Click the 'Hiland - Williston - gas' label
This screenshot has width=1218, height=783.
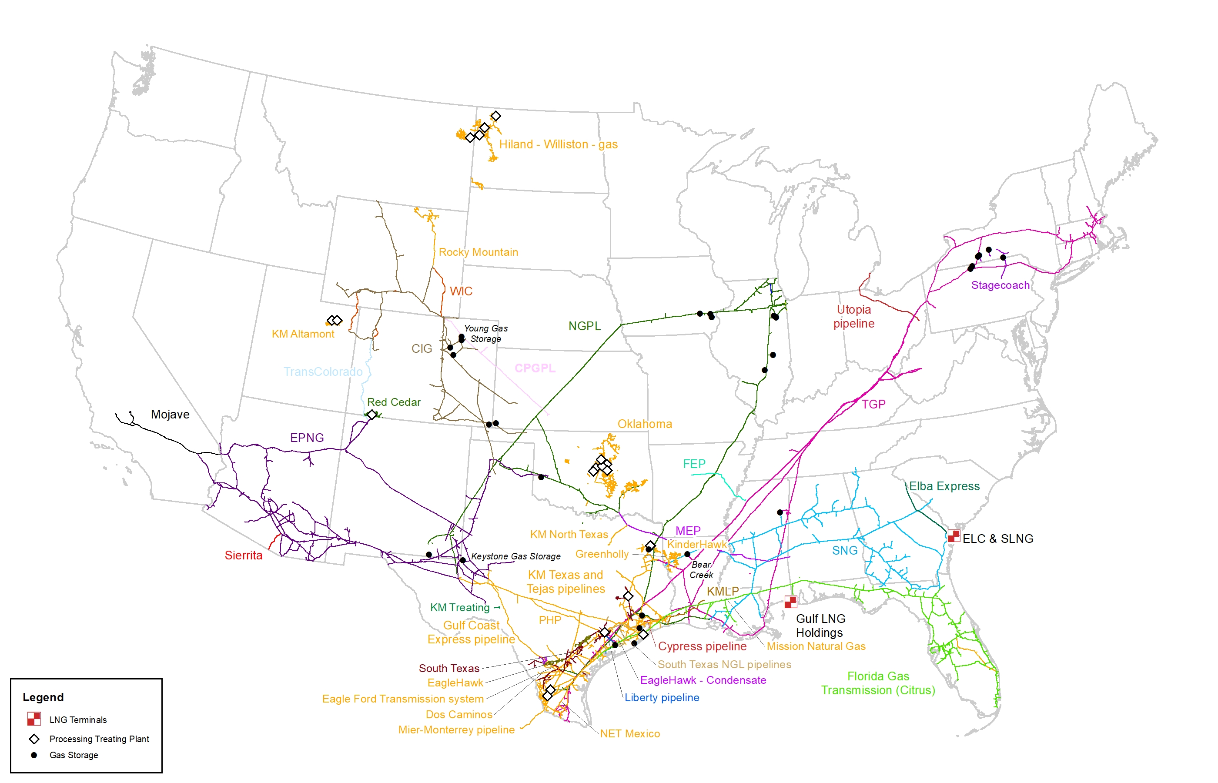tap(558, 144)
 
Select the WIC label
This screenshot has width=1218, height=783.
tap(461, 291)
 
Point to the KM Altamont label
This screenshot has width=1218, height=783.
tap(303, 334)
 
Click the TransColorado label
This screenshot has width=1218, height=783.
tap(323, 371)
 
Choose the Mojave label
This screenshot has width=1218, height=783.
tap(170, 415)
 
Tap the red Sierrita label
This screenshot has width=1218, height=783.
tap(244, 555)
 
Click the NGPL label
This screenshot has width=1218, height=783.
tap(585, 326)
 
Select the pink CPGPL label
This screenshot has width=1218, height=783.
tap(535, 368)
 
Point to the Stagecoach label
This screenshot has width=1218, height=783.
tap(1000, 285)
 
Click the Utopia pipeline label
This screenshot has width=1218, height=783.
tap(853, 316)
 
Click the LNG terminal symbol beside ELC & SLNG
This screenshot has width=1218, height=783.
tap(953, 535)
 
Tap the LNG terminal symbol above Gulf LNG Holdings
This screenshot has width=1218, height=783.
tap(790, 602)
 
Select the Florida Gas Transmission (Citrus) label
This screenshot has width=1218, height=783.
tap(878, 683)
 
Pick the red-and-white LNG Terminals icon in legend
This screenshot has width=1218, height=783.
tap(34, 719)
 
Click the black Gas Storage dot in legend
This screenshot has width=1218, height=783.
tap(34, 755)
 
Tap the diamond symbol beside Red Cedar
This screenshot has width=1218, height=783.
tap(372, 415)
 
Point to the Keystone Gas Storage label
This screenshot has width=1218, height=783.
tap(515, 556)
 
